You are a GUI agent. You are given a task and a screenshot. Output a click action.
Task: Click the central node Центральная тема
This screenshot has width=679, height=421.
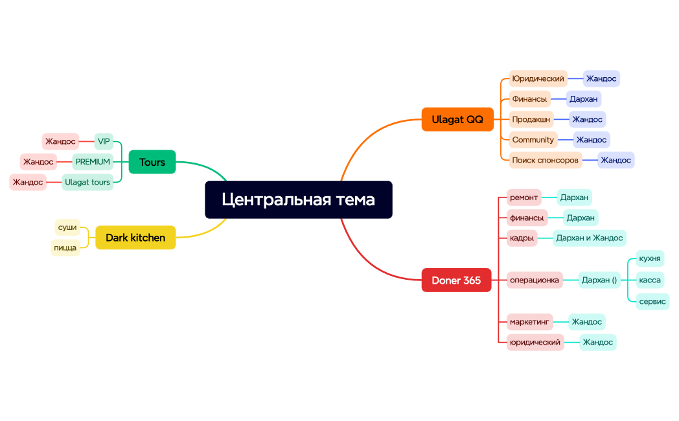click(x=298, y=199)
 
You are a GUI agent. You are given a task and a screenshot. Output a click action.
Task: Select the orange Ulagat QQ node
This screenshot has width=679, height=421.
click(x=457, y=119)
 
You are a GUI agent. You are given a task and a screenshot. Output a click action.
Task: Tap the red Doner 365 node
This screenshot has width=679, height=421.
click(x=456, y=280)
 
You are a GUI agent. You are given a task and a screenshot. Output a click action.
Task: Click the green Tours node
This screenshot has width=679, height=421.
click(x=152, y=162)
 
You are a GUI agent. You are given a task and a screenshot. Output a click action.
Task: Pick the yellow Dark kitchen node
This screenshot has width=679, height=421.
click(x=135, y=238)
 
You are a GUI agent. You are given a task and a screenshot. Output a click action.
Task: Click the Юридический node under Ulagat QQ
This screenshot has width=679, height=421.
click(x=538, y=78)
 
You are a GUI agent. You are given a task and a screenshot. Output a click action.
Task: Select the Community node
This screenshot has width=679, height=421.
click(x=533, y=139)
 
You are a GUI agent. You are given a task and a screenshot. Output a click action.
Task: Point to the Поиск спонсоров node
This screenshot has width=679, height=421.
click(x=545, y=160)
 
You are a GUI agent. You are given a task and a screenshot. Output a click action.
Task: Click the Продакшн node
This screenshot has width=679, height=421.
click(x=531, y=119)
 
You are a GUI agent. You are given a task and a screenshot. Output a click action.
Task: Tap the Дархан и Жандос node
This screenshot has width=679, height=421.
click(x=589, y=238)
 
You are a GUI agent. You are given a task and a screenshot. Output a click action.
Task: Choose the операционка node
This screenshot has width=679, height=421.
click(x=534, y=280)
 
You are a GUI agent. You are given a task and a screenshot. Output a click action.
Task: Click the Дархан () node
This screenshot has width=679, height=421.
click(x=599, y=280)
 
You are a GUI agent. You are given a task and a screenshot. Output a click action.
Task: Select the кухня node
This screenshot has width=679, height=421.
click(x=649, y=258)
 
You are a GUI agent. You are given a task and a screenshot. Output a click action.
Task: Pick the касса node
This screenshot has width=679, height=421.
click(x=649, y=280)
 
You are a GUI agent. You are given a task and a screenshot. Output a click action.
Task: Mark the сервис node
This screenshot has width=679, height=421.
click(x=652, y=301)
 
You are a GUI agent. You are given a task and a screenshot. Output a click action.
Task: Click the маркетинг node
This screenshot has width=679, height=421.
click(x=529, y=321)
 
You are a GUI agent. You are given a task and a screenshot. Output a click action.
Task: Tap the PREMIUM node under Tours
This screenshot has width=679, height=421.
click(x=93, y=161)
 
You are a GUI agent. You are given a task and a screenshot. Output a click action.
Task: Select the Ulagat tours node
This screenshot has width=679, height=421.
click(x=87, y=182)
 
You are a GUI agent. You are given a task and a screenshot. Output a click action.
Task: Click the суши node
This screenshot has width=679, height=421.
click(x=67, y=227)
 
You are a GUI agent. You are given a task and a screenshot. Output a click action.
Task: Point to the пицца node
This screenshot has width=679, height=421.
click(x=65, y=247)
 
